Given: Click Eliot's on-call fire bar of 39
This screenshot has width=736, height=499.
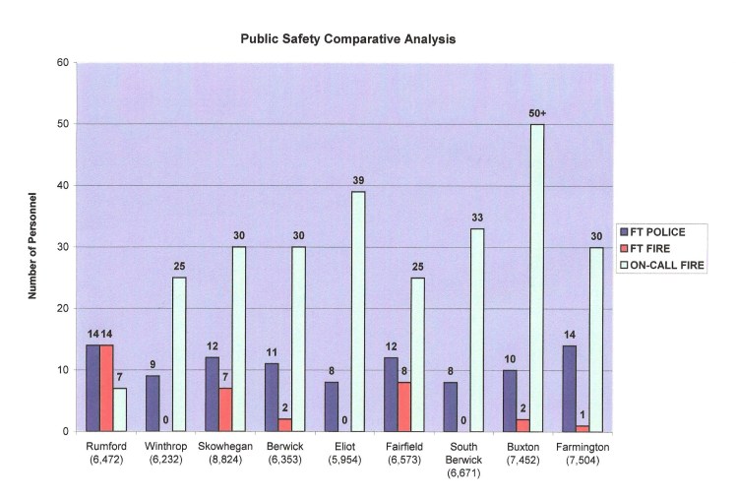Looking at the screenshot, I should tap(357, 311).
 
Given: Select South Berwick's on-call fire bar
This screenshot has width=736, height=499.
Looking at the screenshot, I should tap(477, 330).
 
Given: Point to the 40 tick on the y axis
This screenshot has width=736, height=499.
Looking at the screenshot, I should tap(62, 185).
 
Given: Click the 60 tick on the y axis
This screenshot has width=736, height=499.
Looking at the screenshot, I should tap(62, 63).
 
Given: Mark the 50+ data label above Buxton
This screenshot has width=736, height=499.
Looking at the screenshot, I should tap(537, 113).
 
